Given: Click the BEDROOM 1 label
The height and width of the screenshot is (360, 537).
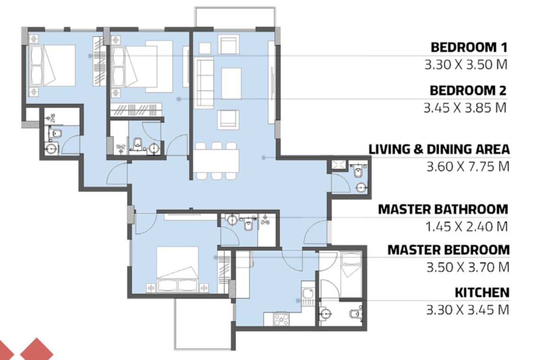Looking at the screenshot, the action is [469, 47].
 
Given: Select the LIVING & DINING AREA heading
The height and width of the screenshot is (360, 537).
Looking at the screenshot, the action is [439, 149].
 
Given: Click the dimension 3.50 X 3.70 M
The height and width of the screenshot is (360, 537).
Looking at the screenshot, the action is [468, 267].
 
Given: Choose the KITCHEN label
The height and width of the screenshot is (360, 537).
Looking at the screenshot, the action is [482, 293].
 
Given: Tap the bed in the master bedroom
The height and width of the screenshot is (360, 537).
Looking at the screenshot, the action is [178, 269].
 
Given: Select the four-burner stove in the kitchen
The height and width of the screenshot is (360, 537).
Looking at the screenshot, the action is [281, 320].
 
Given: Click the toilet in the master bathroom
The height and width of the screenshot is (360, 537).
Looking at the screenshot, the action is [248, 225].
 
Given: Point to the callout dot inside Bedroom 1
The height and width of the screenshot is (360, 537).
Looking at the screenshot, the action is [90, 56].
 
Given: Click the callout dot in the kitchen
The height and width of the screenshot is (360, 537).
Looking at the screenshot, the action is [298, 301].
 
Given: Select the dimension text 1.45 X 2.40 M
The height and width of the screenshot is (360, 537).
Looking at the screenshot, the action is [466, 227].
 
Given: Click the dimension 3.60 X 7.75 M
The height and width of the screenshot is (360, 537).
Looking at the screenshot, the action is [468, 166].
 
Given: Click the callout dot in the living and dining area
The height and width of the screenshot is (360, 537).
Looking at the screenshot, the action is [264, 158].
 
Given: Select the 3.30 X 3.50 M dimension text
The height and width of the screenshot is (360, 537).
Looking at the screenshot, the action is [466, 65].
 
